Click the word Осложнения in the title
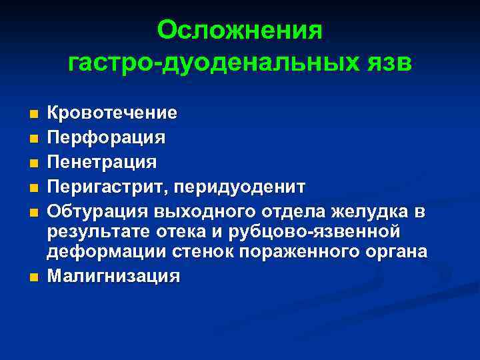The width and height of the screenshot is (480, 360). tap(240, 31)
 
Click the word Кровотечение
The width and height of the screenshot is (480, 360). tap(112, 113)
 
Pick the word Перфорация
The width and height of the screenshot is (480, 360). tap(105, 138)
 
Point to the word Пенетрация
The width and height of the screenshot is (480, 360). tap(102, 162)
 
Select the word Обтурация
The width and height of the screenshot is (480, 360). tap(98, 212)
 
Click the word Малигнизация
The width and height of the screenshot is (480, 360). tap(113, 277)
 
